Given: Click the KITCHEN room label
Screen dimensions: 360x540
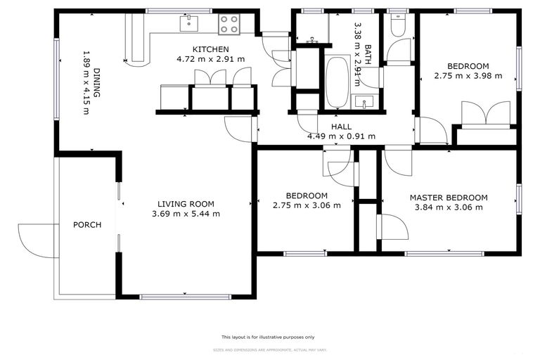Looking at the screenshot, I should (212, 49).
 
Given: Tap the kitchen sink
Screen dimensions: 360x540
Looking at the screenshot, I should (188, 25).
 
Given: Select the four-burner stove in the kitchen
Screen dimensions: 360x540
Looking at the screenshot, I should (229, 25).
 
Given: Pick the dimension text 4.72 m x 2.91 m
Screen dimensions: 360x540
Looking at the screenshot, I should (212, 59).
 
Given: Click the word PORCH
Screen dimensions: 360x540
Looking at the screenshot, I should (87, 225).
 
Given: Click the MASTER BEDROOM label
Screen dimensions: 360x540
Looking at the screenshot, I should (449, 198).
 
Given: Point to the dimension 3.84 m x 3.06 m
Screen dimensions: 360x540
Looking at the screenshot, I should (449, 207).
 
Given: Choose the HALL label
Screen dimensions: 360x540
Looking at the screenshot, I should (341, 127).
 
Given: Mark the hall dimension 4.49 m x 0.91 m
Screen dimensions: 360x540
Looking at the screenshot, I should (341, 136).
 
